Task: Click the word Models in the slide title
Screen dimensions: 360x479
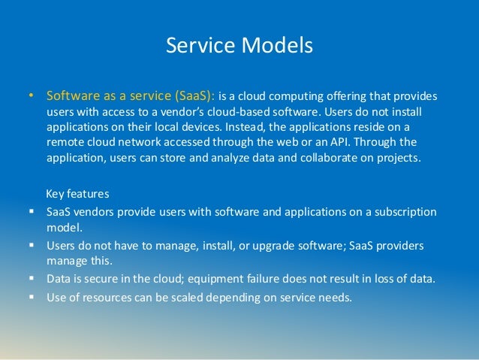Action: click(275, 46)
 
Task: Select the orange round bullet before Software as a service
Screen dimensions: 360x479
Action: click(31, 97)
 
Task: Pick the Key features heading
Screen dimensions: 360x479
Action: click(78, 192)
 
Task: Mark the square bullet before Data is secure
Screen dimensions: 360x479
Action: click(32, 278)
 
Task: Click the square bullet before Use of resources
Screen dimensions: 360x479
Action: click(32, 296)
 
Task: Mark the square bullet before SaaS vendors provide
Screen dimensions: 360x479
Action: click(32, 212)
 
